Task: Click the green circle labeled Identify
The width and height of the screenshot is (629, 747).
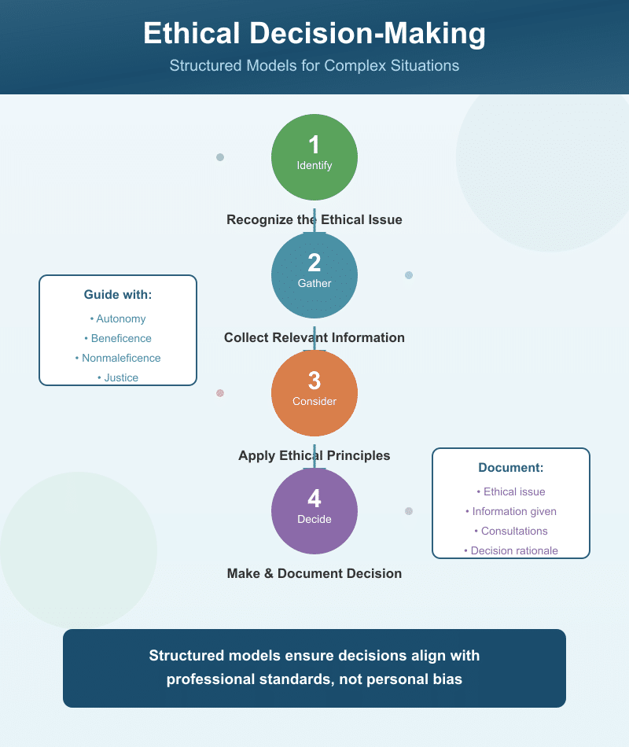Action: (x=314, y=156)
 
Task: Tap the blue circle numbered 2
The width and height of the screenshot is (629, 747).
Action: (x=314, y=274)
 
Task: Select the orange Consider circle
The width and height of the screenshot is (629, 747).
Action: (x=314, y=392)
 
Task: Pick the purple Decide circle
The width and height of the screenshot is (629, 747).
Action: (x=314, y=510)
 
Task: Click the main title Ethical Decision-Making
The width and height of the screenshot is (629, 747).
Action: (x=314, y=35)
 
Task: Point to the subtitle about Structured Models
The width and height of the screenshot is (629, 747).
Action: (x=314, y=66)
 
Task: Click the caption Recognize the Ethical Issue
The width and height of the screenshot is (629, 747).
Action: (x=314, y=220)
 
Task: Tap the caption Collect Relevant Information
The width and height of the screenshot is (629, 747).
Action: (x=314, y=338)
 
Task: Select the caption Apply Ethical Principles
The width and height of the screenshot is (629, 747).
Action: (x=314, y=456)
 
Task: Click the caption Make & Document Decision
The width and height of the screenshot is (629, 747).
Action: (x=314, y=574)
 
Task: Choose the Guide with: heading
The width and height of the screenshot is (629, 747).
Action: (x=118, y=295)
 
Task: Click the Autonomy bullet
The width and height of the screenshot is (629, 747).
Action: (x=118, y=319)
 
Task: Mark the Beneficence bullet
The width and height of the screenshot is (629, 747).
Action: (x=118, y=339)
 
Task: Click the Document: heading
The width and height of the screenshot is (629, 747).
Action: (x=511, y=468)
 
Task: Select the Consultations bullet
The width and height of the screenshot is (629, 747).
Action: (x=511, y=532)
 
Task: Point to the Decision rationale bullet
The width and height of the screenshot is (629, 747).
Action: (x=511, y=551)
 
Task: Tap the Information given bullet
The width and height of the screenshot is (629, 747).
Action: (x=511, y=512)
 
